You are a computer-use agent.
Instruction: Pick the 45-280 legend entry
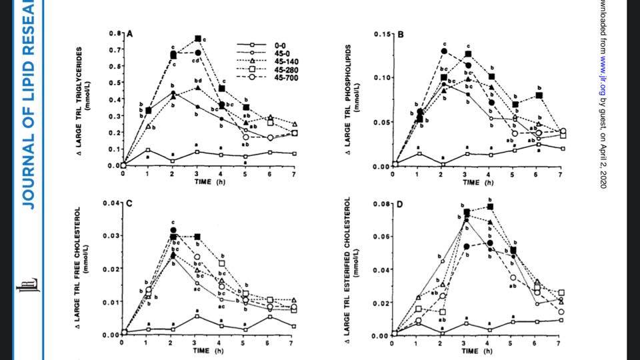(283, 70)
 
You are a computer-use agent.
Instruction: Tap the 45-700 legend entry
(283, 79)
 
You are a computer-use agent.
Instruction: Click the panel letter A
(130, 35)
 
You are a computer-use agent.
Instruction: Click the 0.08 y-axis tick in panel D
(379, 203)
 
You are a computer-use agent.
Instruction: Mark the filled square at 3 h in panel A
(198, 39)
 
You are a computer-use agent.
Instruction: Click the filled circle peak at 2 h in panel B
(443, 51)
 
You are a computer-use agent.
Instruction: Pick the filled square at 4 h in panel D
(491, 207)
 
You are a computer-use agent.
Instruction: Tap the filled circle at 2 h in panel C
(173, 230)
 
